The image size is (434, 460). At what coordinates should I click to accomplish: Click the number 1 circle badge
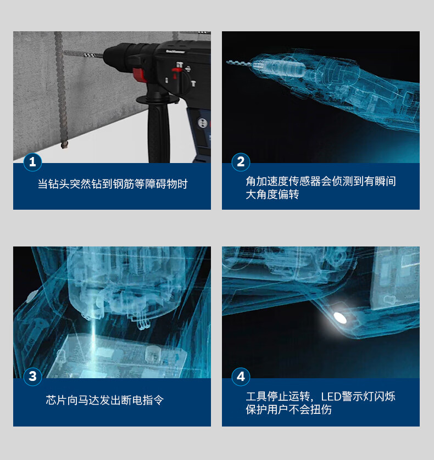pyautogui.click(x=32, y=161)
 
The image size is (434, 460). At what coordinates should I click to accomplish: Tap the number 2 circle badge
pyautogui.click(x=241, y=161)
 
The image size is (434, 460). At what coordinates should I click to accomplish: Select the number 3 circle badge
pyautogui.click(x=32, y=377)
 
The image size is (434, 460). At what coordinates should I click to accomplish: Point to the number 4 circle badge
pyautogui.click(x=241, y=377)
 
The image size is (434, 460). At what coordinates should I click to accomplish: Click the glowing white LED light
pyautogui.click(x=340, y=317)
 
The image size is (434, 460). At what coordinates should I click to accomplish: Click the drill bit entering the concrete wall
pyautogui.click(x=84, y=54)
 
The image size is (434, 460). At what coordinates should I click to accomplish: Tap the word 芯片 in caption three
pyautogui.click(x=56, y=400)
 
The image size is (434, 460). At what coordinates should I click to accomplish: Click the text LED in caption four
pyautogui.click(x=331, y=397)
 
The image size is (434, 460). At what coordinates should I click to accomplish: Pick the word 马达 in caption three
pyautogui.click(x=88, y=400)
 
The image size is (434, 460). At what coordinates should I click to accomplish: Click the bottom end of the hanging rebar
pyautogui.click(x=64, y=145)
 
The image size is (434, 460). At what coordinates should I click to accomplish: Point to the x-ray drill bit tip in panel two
pyautogui.click(x=228, y=61)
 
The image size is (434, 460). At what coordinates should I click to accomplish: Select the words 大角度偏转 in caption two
pyautogui.click(x=272, y=194)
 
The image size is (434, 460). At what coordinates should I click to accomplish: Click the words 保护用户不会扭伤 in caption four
pyautogui.click(x=288, y=409)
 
